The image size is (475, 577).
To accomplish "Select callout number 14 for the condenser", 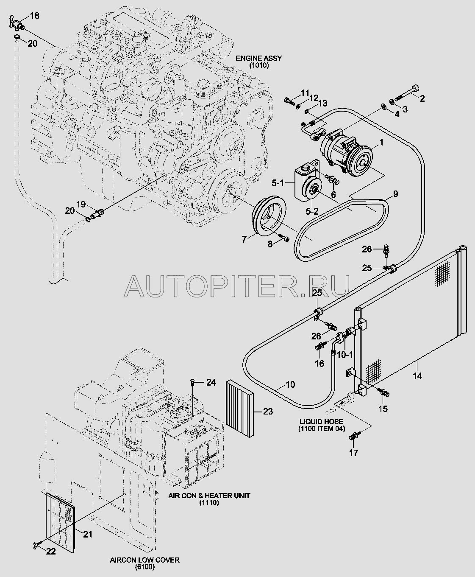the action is click(x=417, y=376).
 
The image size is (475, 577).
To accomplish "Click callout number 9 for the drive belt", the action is click(x=395, y=194).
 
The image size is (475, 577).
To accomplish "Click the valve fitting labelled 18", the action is click(x=18, y=23).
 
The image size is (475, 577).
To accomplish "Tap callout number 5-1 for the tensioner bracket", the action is click(x=278, y=183).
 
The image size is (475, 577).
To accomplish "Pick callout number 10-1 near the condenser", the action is click(x=345, y=355).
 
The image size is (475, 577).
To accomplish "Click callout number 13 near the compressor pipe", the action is click(x=322, y=104).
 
